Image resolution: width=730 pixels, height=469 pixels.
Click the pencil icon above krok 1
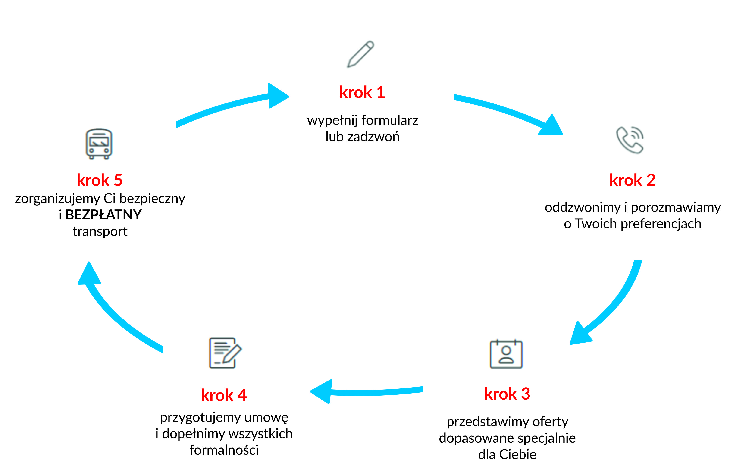pos(360,54)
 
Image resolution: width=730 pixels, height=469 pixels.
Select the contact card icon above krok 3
pos(506,354)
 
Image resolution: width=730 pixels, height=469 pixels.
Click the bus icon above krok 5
pos(99,144)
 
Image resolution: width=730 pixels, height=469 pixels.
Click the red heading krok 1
pos(362,92)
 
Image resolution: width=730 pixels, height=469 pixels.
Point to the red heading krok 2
pos(632,180)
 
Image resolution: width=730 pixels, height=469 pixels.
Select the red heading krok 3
pos(507,394)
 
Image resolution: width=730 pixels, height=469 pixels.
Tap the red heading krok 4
pos(223,395)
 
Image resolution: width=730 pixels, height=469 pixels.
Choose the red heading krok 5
pos(100,180)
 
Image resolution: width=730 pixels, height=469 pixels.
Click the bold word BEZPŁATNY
pos(103,215)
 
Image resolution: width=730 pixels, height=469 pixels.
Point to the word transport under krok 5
pos(100,231)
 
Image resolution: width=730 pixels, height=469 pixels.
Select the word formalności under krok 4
pos(224,450)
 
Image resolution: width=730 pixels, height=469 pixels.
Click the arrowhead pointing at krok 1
pos(278,96)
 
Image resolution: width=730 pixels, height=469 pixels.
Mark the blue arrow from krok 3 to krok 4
pos(365,392)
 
